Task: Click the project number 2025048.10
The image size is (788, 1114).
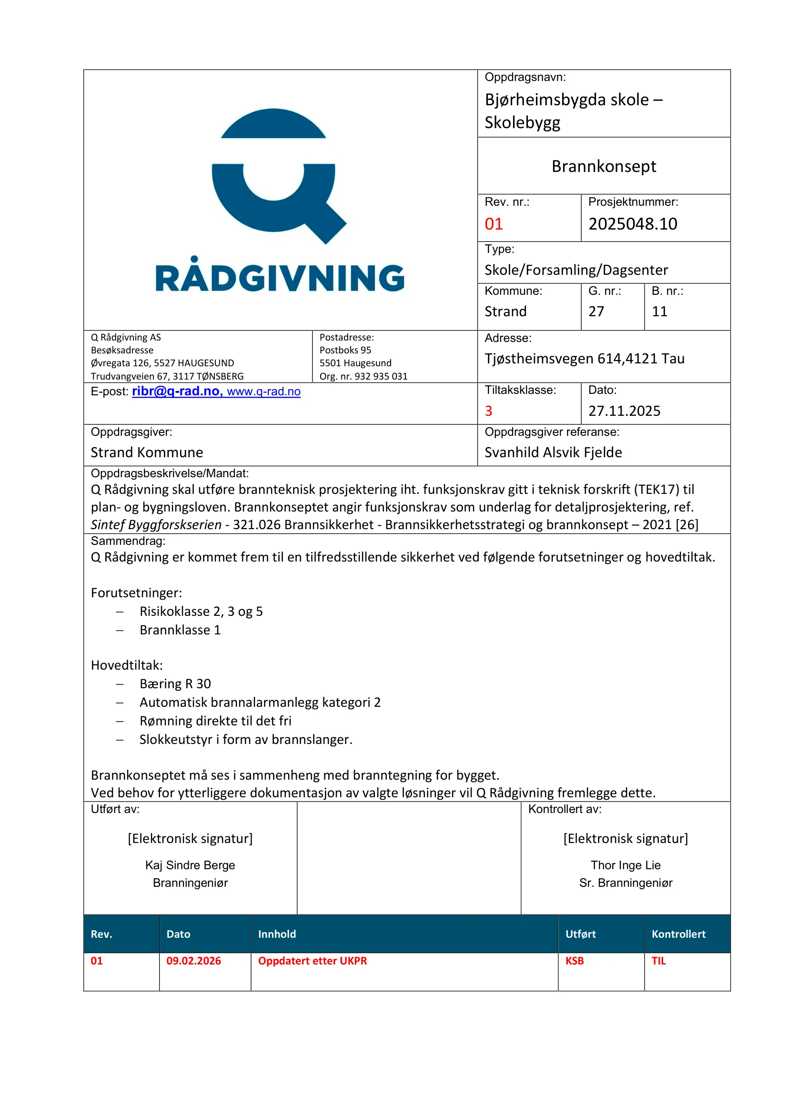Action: click(x=632, y=224)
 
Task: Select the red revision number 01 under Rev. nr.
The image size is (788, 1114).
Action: click(x=494, y=224)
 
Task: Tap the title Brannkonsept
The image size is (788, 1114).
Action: click(x=604, y=166)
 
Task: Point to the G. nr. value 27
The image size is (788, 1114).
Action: click(x=596, y=311)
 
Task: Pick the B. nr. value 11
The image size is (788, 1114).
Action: click(x=659, y=311)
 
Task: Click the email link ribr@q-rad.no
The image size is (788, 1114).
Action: click(x=176, y=391)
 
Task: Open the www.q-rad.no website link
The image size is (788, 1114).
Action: click(x=263, y=391)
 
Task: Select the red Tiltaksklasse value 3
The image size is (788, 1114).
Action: click(x=489, y=411)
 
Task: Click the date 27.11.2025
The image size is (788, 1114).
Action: click(x=624, y=411)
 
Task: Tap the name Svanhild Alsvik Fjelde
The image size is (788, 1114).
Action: click(x=553, y=452)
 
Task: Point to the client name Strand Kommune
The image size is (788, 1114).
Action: click(x=147, y=452)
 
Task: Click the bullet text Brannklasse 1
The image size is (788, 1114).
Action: click(x=180, y=630)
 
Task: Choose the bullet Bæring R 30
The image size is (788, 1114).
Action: click(x=175, y=684)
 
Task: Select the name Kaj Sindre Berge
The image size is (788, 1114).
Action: click(x=190, y=865)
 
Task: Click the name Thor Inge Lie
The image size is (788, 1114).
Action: click(x=626, y=865)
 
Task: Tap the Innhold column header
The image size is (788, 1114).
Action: click(x=277, y=934)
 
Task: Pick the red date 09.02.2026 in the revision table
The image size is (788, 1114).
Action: click(x=193, y=961)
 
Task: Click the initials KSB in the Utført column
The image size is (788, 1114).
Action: click(x=575, y=961)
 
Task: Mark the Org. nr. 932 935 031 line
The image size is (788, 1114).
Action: click(x=363, y=377)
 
